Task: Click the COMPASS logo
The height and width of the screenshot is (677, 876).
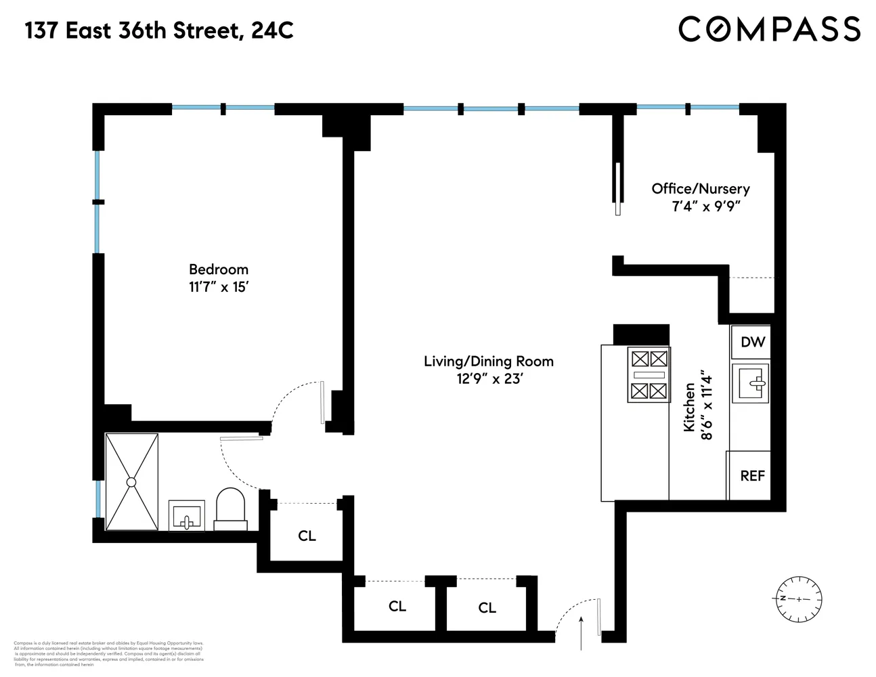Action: [x=769, y=30]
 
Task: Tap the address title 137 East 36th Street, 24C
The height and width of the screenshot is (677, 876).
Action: [x=160, y=30]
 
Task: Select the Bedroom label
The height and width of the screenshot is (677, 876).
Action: [x=218, y=269]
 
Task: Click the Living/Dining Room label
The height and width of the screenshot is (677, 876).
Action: [x=488, y=361]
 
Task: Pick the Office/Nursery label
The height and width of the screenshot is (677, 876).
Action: [x=700, y=189]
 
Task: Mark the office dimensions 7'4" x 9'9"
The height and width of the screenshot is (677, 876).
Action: [x=702, y=207]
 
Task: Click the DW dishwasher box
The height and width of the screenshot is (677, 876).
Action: [x=752, y=342]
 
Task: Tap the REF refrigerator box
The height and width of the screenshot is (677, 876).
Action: [x=751, y=475]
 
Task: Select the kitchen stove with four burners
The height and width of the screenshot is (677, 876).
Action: [x=649, y=374]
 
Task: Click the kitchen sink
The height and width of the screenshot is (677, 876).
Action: [x=751, y=383]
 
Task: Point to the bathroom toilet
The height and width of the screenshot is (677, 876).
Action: [x=231, y=509]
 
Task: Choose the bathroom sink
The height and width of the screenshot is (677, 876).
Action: [x=185, y=517]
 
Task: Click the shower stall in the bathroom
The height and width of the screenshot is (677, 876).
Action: [x=131, y=481]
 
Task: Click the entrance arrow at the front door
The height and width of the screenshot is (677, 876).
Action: [x=582, y=632]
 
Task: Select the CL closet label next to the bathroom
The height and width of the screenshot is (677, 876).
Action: [x=307, y=536]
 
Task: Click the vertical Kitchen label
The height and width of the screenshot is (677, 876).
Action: [x=689, y=407]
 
